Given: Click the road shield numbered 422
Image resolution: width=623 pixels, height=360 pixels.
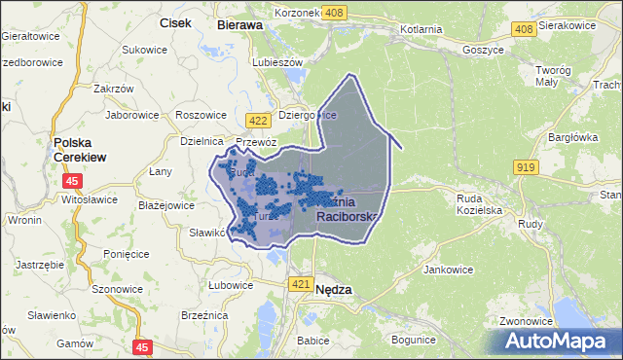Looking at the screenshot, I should coord(258,120).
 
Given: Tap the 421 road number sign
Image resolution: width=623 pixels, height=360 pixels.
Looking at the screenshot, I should coord(301,283).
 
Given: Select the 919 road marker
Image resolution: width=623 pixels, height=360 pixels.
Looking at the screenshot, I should coord(526,167).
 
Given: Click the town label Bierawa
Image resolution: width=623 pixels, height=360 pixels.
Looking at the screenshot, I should coord(240,24).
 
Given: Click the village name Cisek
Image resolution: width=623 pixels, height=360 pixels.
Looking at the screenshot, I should coord(174,23).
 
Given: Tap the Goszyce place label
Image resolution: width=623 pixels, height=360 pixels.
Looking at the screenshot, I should coord(484,49).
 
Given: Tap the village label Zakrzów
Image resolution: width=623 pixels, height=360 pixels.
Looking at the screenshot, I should coord(112,89).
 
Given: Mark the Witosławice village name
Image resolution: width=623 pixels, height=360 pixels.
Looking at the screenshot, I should coord(89,199).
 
